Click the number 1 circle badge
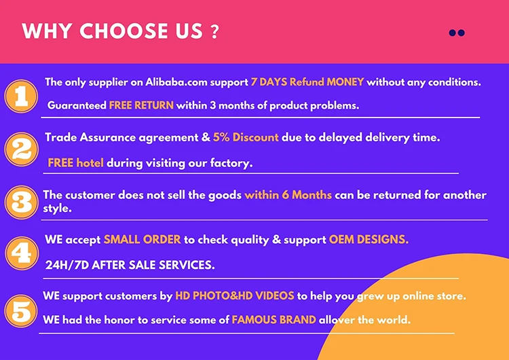pos(22,96)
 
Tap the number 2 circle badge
pos(22,149)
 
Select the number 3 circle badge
pos(22,202)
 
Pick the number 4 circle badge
pos(22,253)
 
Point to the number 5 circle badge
pos(22,311)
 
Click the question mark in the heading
pos(214,32)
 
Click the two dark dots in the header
pos(457,33)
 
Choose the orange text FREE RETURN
pos(141,105)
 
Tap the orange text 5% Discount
pos(246,137)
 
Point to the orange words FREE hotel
pos(75,163)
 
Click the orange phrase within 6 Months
pos(288,195)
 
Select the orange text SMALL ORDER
pos(143,240)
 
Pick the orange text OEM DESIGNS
pos(369,240)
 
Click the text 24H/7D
pos(67,266)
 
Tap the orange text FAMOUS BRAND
pos(274,320)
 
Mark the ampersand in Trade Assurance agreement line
pos(206,137)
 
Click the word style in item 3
pos(57,209)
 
